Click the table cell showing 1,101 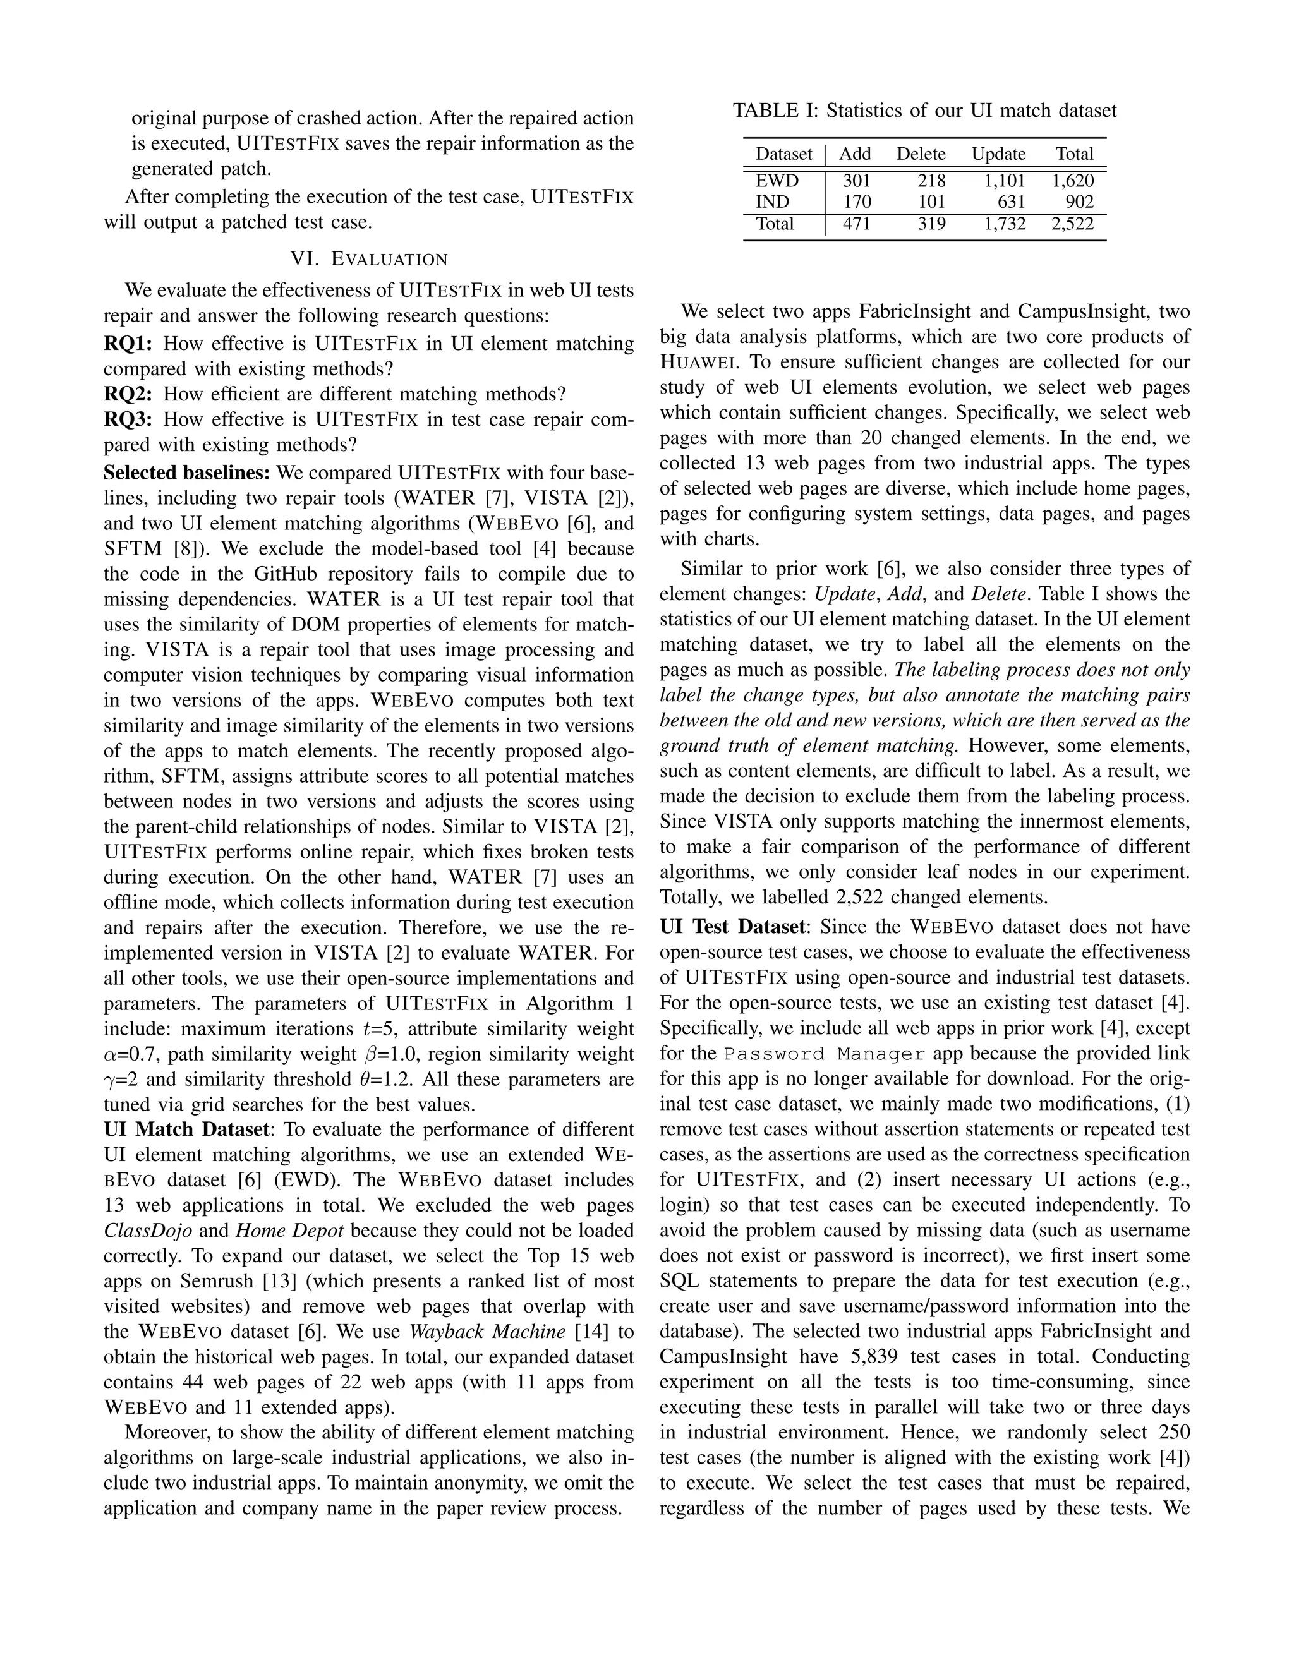coord(999,181)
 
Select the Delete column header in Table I coord(921,154)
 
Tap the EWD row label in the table coord(777,181)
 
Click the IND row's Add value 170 coord(856,202)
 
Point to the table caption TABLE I coord(924,111)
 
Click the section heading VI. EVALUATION coord(369,259)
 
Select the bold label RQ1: coord(127,344)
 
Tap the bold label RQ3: coord(127,419)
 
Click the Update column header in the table coord(998,154)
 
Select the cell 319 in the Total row coord(931,224)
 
